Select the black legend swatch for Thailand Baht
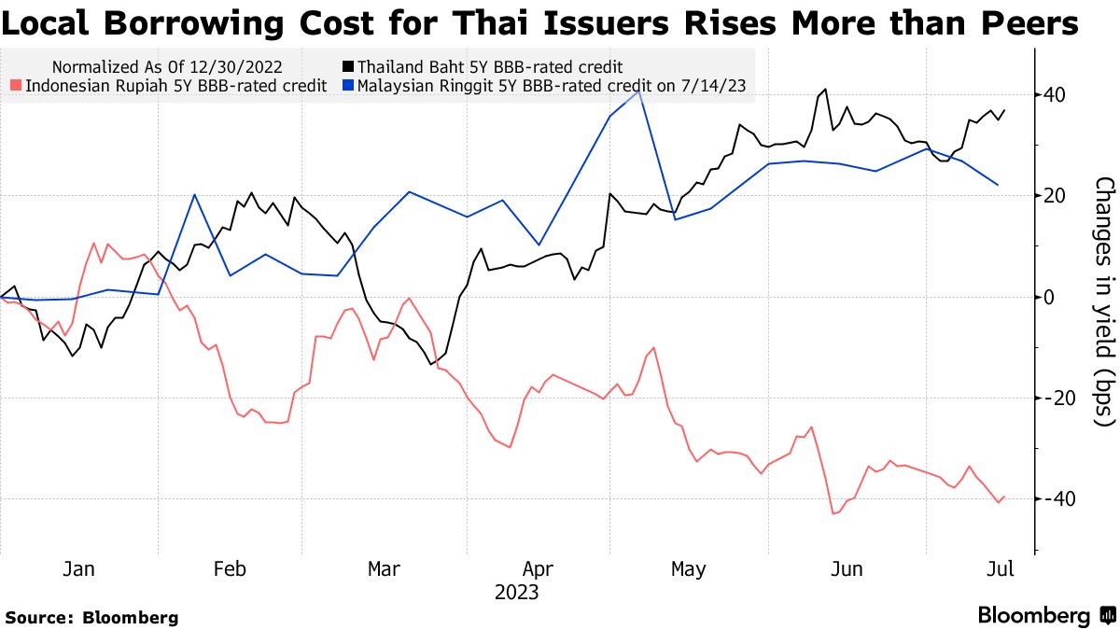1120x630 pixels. pyautogui.click(x=348, y=67)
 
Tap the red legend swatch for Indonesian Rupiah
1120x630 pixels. pyautogui.click(x=16, y=87)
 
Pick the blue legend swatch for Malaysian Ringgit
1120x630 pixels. pyautogui.click(x=348, y=87)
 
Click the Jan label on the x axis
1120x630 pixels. pyautogui.click(x=79, y=568)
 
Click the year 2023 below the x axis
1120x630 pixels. pyautogui.click(x=517, y=593)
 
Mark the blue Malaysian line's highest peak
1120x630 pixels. pyautogui.click(x=638, y=91)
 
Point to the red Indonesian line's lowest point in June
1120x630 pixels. pyautogui.click(x=833, y=513)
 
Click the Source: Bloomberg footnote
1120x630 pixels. pyautogui.click(x=91, y=617)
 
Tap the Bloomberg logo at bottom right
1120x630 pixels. pyautogui.click(x=1045, y=616)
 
